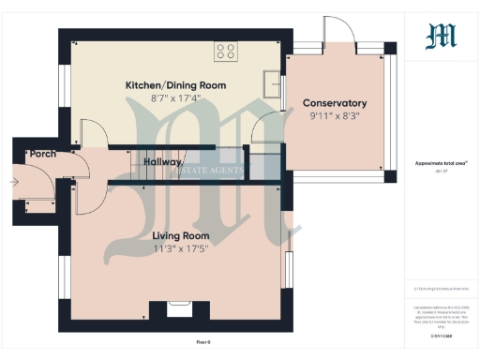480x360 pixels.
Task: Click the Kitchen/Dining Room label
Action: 175,85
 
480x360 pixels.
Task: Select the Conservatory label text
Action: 334,103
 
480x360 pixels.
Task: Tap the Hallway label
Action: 162,162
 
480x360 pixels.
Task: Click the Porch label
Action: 43,154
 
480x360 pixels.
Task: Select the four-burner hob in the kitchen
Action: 225,51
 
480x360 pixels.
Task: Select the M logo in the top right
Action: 441,36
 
